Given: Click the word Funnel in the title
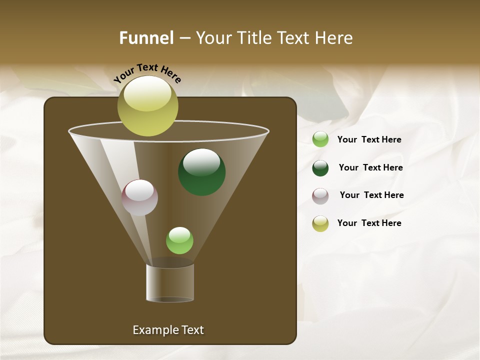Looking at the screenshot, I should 146,38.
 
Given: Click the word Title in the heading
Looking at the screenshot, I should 253,38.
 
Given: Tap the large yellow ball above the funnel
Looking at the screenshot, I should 147,105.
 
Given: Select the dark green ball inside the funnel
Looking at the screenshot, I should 202,172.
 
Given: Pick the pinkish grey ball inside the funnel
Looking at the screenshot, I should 139,197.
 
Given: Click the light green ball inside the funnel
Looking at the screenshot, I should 179,240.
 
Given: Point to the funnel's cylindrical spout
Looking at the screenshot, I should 170,283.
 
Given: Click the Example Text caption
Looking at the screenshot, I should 168,330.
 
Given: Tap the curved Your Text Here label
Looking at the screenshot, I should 147,72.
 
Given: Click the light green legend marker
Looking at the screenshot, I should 320,139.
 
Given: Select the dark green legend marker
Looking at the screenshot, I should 320,168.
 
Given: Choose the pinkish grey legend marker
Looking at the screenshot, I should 320,196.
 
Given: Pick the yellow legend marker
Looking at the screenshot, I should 320,223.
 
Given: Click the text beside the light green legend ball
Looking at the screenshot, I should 369,140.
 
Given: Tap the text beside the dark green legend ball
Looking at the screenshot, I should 370,168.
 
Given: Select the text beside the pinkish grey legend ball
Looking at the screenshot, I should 371,195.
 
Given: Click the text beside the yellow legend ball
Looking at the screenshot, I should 369,223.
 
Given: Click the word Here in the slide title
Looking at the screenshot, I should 335,38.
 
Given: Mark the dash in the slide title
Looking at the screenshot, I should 184,38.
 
